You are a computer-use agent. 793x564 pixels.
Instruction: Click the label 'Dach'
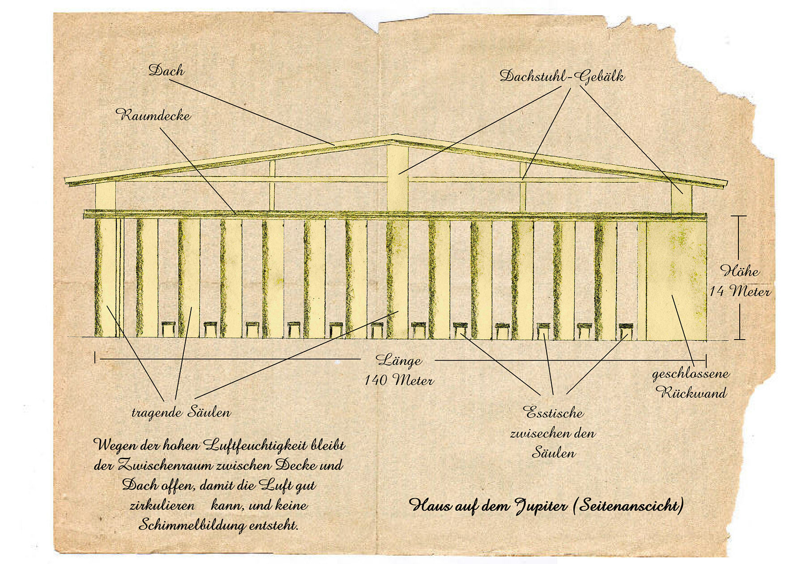coord(166,70)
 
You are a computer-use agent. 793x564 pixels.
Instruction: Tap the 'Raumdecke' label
coord(153,115)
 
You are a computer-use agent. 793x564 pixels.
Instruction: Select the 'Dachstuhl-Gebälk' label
coord(562,76)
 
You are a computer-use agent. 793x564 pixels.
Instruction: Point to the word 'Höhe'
coord(740,271)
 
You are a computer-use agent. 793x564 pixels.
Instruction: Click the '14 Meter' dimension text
coord(740,292)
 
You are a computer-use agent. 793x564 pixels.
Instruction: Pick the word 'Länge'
coord(399,360)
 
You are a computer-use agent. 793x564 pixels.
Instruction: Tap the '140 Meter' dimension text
coord(399,380)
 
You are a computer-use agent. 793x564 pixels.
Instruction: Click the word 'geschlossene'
coord(691,374)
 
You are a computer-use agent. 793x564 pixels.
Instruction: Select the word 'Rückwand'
coord(691,393)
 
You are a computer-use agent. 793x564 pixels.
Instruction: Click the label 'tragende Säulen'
coord(181,412)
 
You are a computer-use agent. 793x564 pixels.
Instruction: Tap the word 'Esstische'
coord(554,413)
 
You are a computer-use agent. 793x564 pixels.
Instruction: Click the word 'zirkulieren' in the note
coord(162,505)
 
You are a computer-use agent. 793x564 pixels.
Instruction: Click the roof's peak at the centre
coord(394,135)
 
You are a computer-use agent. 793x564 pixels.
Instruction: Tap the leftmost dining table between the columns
coord(168,329)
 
